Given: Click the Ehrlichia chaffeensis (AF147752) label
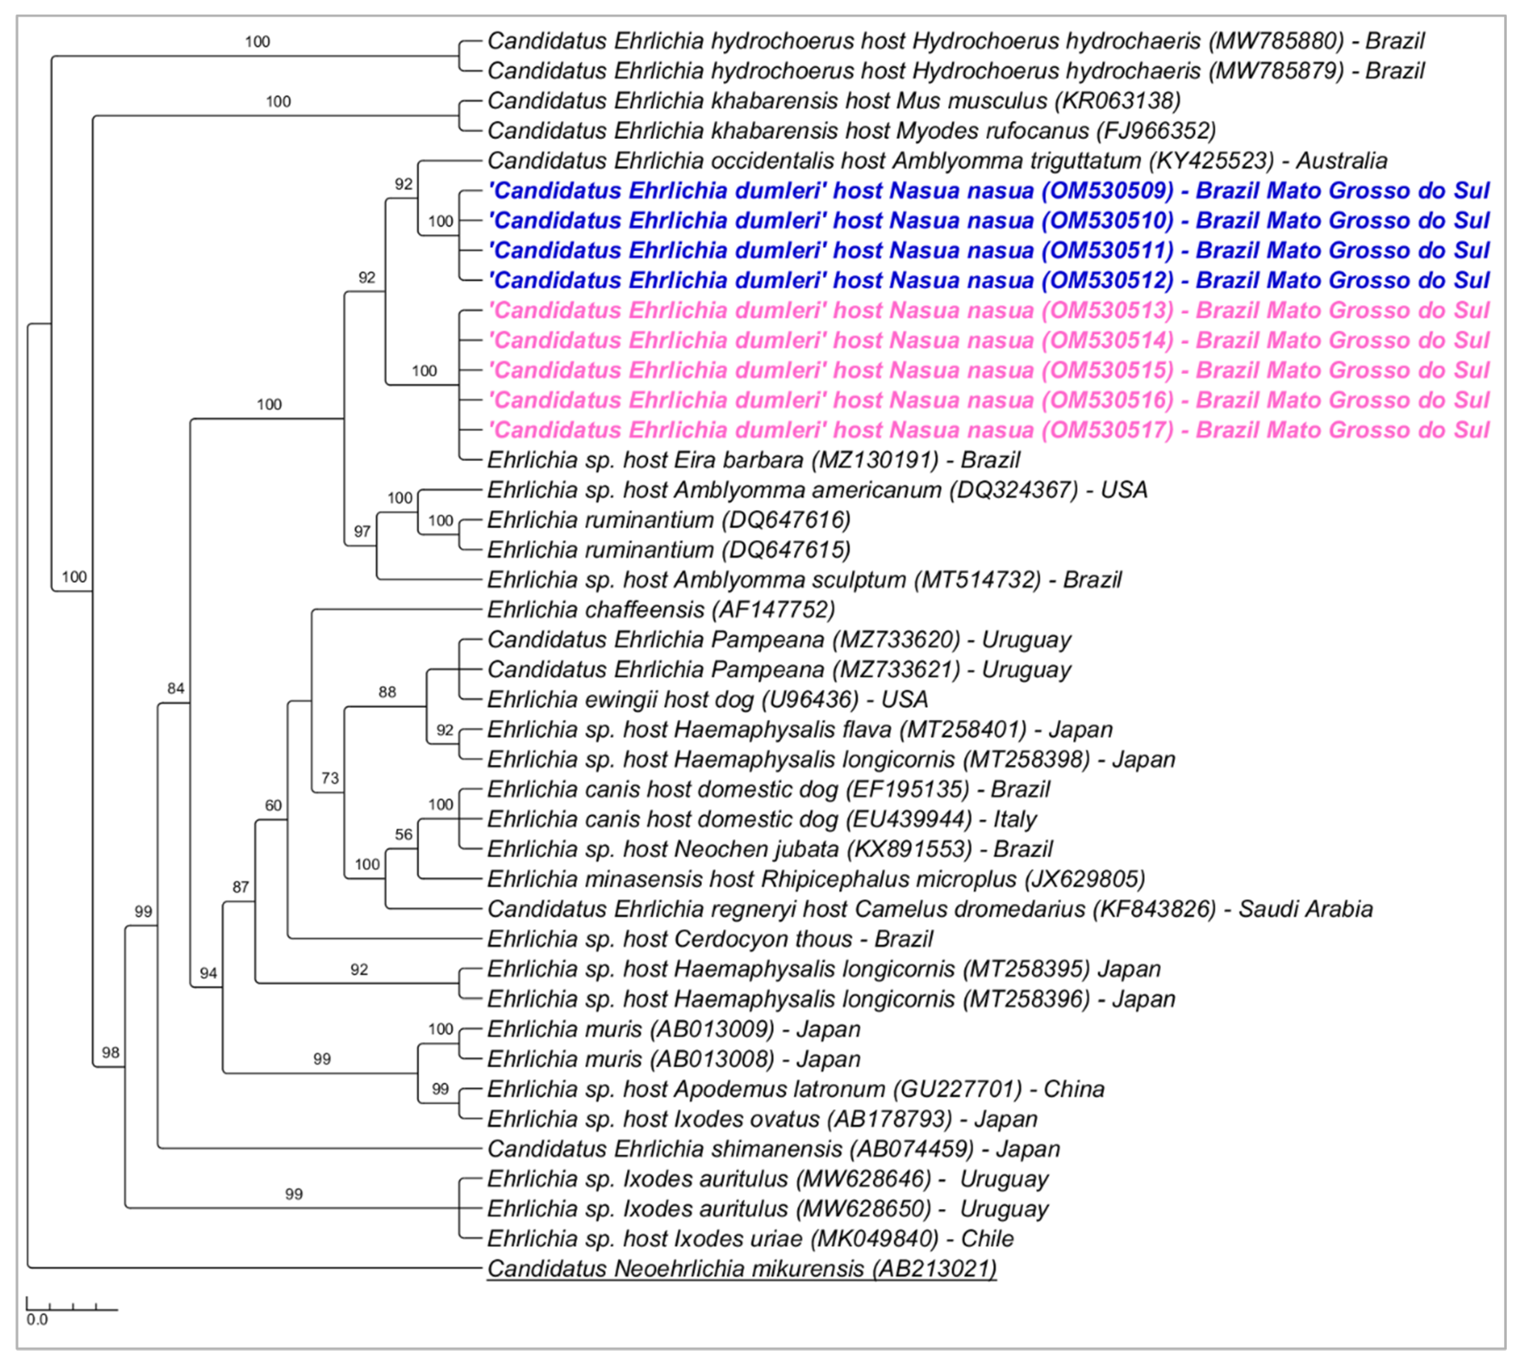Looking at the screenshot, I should tap(660, 610).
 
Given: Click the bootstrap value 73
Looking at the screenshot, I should tap(330, 778).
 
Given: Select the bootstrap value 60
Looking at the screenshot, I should tap(273, 806).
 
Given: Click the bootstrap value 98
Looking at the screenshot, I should tap(111, 1052).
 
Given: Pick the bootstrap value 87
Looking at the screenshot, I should tap(241, 887).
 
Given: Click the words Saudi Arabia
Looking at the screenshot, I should tap(1305, 909).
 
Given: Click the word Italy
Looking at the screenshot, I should tap(1015, 819).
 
